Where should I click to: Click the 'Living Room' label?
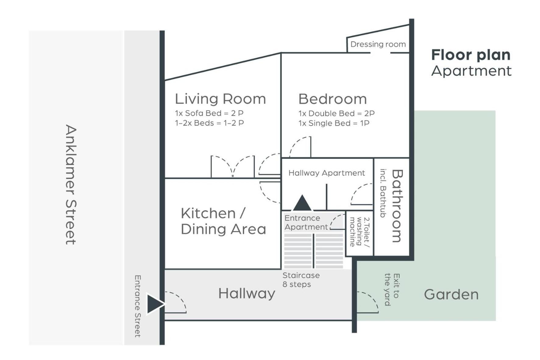(220, 99)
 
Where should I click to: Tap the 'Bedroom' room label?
(332, 99)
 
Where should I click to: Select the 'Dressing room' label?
(378, 45)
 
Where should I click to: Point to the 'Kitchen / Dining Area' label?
(223, 221)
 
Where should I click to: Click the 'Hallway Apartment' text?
(326, 173)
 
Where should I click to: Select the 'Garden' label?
(451, 294)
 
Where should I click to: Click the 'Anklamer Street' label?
(71, 184)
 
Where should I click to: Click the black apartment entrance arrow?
(302, 203)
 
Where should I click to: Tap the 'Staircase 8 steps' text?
(301, 280)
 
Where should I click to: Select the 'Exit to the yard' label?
(392, 290)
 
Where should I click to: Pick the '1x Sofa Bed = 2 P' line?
(209, 113)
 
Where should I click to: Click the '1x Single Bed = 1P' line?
(334, 123)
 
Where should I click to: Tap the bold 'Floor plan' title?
(471, 55)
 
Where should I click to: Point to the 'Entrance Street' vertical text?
(137, 306)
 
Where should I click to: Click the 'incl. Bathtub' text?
(383, 193)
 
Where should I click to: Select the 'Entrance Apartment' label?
(306, 223)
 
